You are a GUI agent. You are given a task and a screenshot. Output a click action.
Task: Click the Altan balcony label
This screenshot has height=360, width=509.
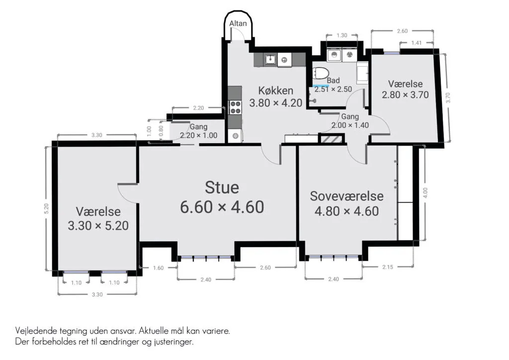pos(238,23)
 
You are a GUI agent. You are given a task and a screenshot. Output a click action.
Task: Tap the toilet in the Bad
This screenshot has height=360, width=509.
pos(321,74)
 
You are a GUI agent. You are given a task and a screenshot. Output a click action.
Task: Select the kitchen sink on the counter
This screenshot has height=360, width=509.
pos(269,60)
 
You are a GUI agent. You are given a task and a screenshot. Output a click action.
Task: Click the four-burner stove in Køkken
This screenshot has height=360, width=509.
pos(235,107)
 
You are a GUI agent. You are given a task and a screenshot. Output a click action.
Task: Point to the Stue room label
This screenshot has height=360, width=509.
pos(222,187)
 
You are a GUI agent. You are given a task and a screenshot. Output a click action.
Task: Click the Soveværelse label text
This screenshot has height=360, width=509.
pos(346,196)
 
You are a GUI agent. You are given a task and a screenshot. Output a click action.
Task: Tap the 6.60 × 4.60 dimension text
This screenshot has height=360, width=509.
pos(222,207)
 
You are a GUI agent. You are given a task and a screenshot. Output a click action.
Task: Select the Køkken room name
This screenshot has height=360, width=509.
pos(275,90)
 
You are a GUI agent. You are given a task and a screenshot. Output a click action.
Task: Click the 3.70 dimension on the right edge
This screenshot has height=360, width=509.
pos(448,98)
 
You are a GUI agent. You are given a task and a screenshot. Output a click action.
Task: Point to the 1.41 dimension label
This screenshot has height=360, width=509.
pos(417,43)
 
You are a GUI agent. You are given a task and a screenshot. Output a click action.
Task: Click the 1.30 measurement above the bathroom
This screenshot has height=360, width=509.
pos(342,35)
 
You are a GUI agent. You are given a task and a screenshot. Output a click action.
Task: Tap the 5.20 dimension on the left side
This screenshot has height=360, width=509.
pos(46,208)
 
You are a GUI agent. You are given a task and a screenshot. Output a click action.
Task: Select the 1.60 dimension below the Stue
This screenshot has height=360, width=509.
pos(159,268)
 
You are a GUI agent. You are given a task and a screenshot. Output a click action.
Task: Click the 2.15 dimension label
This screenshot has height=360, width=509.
pos(388,267)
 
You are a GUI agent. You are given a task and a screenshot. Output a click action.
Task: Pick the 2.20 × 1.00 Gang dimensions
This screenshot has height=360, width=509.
pos(199,135)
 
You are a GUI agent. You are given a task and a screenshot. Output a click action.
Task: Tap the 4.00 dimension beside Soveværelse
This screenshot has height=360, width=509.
pos(425,193)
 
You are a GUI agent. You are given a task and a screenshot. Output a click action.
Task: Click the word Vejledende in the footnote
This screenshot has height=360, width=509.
pos(36,332)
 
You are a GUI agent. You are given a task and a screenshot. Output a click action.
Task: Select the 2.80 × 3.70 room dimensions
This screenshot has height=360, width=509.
pos(405,95)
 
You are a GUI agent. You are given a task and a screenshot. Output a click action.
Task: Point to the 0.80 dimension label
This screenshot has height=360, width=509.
pos(161,131)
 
